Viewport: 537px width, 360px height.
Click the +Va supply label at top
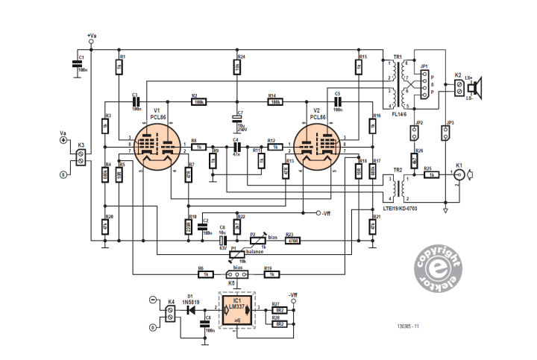91,36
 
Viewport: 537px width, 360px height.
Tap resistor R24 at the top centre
236,67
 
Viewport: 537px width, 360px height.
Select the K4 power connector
170,312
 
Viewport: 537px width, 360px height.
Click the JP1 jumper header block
424,87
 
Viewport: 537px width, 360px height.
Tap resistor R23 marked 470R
292,239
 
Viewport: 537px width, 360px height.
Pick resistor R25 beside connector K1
431,174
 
